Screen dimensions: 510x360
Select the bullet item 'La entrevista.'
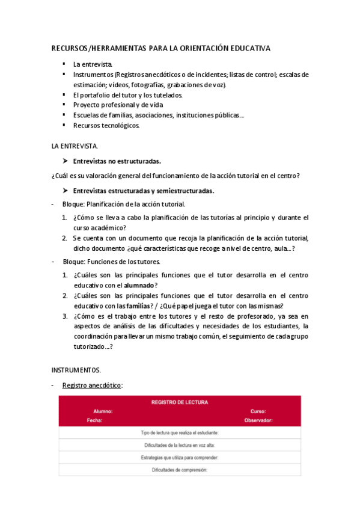[x=93, y=64]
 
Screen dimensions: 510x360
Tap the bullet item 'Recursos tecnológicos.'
[x=106, y=126]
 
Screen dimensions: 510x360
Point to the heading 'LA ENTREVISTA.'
[x=75, y=146]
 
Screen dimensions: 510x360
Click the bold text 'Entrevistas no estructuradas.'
[x=117, y=161]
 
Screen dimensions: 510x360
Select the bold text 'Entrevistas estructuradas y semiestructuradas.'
[x=144, y=191]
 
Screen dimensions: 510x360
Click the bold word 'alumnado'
[x=139, y=285]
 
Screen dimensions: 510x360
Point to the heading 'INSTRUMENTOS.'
[x=76, y=369]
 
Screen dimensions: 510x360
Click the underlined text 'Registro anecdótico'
[x=96, y=385]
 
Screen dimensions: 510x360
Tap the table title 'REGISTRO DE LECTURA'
[x=180, y=402]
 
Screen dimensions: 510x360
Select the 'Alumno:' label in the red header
[x=103, y=412]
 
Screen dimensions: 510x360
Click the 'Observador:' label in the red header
[x=258, y=421]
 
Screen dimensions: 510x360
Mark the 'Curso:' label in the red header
[x=258, y=412]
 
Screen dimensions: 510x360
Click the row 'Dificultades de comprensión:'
[x=180, y=470]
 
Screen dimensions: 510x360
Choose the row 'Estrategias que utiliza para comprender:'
[x=180, y=457]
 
